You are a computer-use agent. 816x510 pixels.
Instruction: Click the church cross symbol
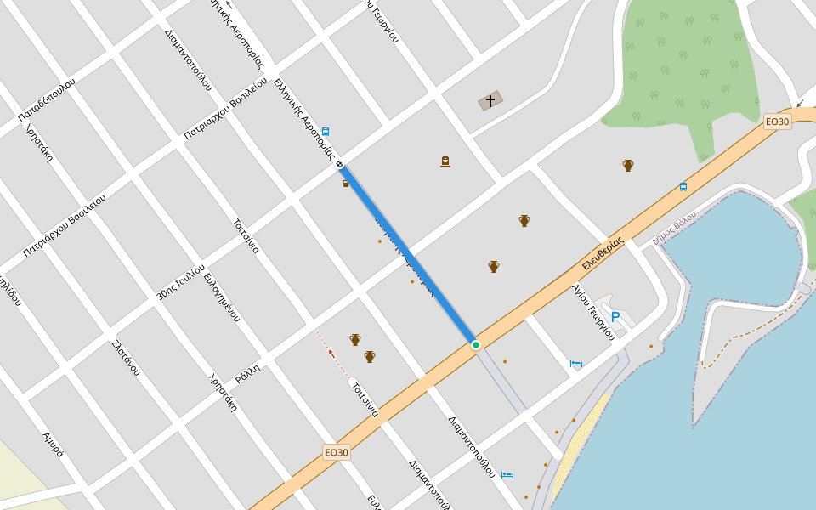[490, 101]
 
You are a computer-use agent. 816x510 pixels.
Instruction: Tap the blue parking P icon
[615, 317]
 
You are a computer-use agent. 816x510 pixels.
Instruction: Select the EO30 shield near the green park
[777, 122]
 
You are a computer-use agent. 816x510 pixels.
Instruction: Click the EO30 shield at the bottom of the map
[337, 452]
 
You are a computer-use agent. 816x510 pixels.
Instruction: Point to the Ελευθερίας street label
[603, 252]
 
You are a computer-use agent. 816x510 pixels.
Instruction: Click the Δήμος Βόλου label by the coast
[674, 228]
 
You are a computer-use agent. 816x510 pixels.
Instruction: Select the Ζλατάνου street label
[125, 357]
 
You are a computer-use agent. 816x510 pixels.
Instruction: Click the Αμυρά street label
[54, 445]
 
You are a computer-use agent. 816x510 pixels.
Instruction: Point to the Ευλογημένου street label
[222, 297]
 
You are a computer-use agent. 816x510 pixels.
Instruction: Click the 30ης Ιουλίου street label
[181, 281]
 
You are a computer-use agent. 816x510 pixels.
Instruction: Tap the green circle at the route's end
[476, 344]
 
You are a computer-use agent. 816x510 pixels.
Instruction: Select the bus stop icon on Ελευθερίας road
[683, 187]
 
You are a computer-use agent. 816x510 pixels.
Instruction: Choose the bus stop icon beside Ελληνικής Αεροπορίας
[325, 132]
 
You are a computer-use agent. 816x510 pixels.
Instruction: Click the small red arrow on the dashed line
[331, 353]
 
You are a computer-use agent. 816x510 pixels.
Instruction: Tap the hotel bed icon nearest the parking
[576, 364]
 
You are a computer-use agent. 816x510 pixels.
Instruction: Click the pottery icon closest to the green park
[628, 165]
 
